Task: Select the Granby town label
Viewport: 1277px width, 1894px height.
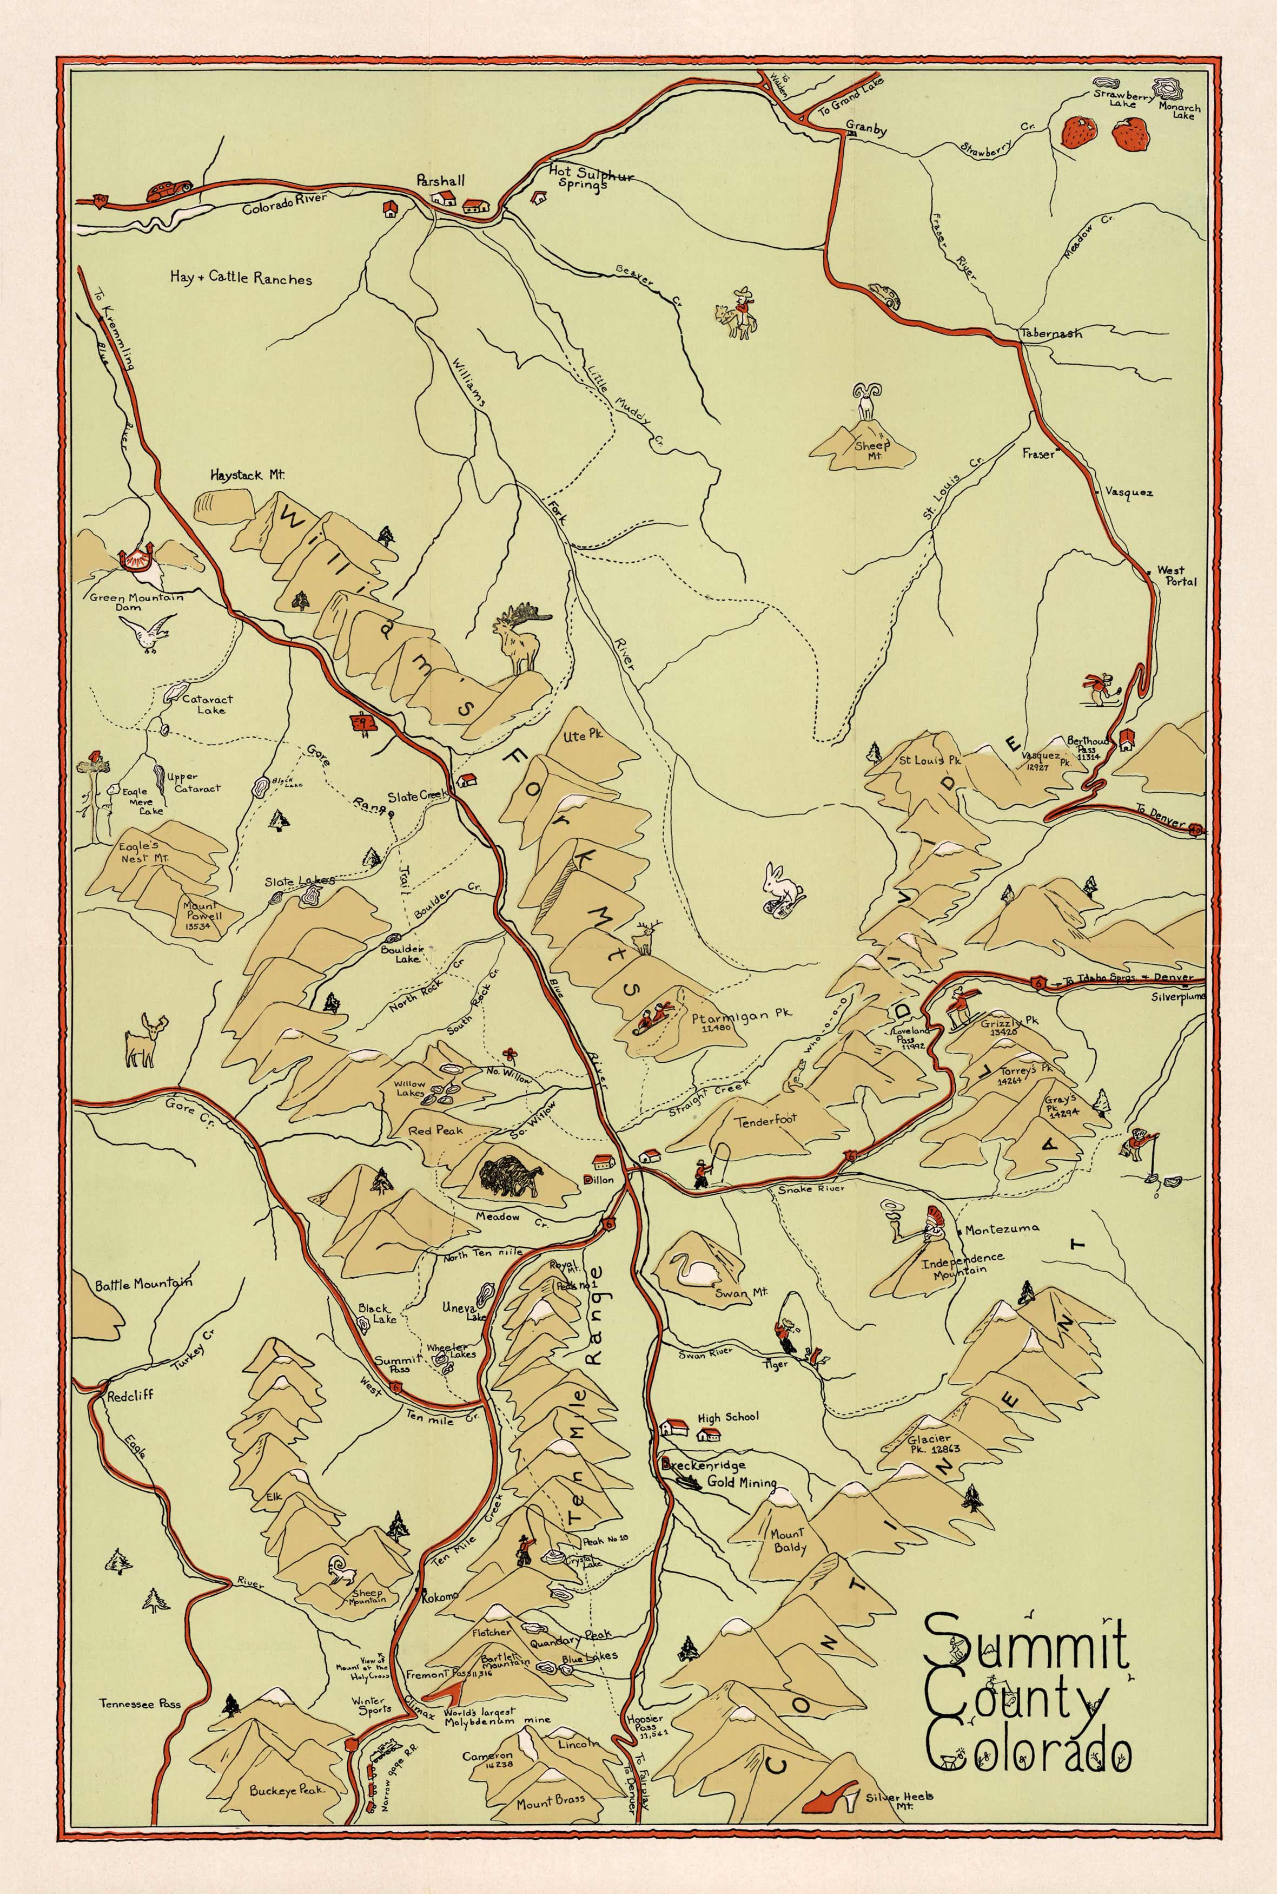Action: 866,129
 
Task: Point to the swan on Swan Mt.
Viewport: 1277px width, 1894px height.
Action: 691,1272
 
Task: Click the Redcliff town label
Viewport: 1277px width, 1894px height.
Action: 130,1395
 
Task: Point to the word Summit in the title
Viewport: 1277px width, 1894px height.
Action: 1026,1646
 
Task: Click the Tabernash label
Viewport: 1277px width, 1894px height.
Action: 1051,333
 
